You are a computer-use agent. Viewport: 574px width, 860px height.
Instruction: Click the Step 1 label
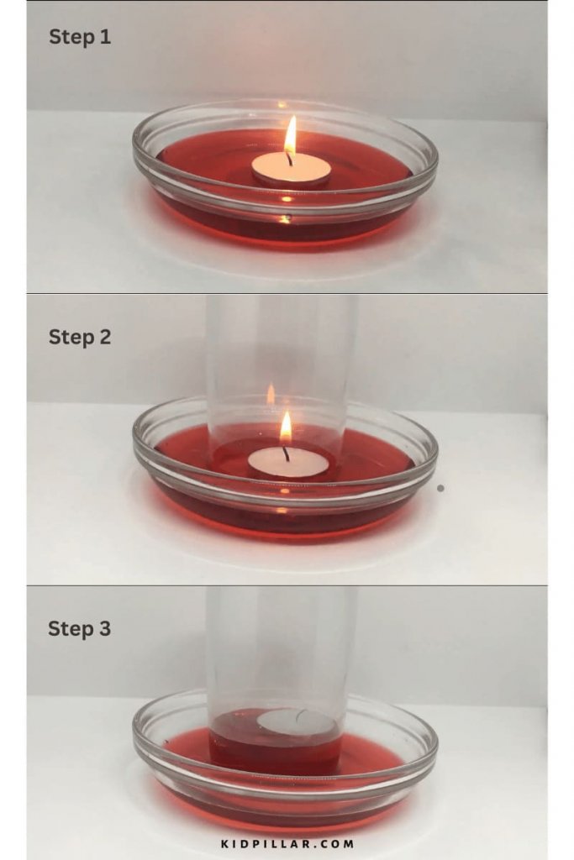[x=79, y=37]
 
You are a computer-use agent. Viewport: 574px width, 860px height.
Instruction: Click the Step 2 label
[x=79, y=337]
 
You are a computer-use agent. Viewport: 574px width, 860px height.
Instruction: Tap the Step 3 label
[x=79, y=628]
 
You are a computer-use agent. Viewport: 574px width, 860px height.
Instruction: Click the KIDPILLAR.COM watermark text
[x=287, y=843]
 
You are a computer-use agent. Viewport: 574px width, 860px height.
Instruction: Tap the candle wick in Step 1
[x=288, y=158]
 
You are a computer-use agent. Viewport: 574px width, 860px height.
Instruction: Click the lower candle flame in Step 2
[x=286, y=428]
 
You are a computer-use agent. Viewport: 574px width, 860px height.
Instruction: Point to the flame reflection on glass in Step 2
[x=271, y=394]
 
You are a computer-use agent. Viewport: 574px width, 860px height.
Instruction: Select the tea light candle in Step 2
[x=288, y=463]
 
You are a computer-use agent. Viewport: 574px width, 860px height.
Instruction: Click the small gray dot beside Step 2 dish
[x=440, y=488]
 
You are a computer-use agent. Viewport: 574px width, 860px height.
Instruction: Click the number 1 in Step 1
[x=104, y=37]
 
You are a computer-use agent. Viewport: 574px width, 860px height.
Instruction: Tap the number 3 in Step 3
[x=103, y=628]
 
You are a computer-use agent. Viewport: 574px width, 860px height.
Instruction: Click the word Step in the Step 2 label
[x=67, y=337]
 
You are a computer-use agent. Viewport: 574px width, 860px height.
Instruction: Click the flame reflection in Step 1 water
[x=286, y=200]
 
